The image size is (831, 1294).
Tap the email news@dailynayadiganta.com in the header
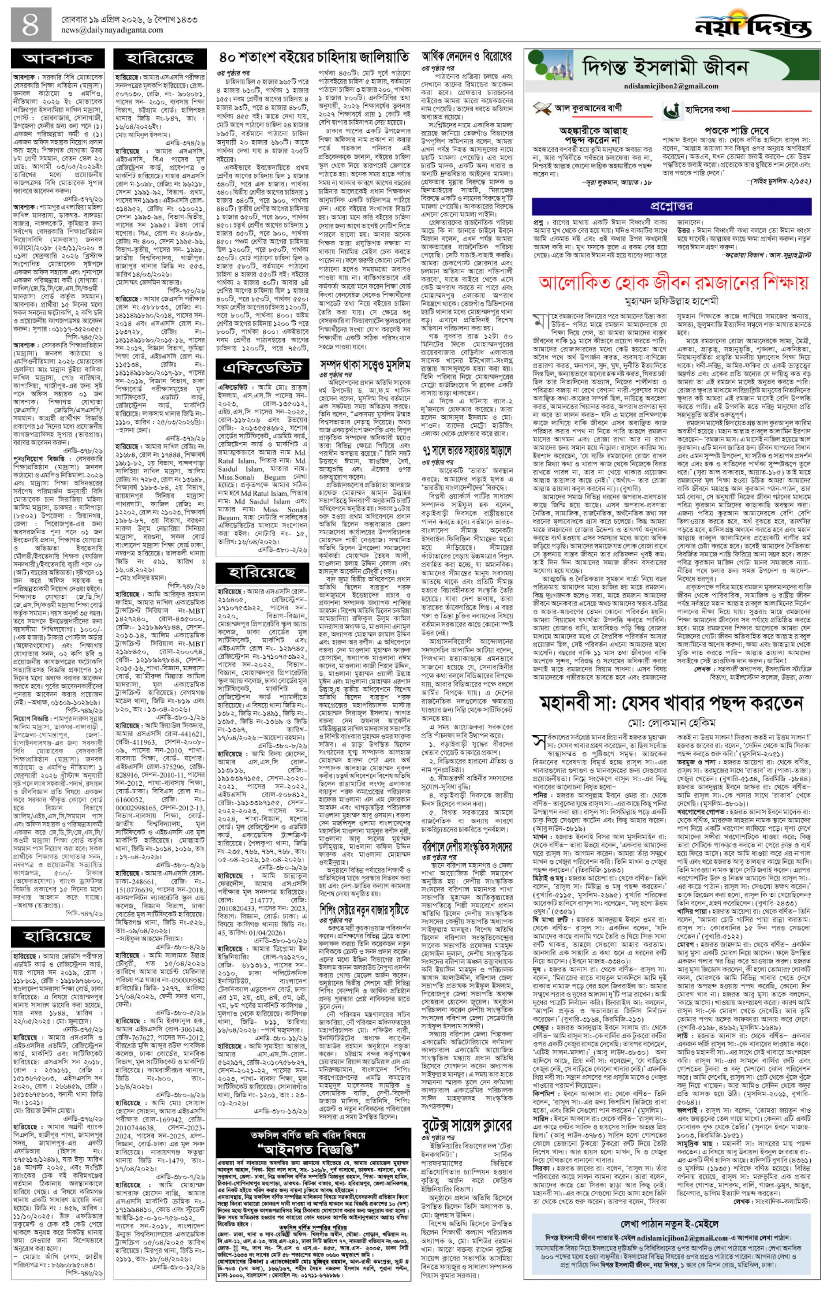click(108, 30)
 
